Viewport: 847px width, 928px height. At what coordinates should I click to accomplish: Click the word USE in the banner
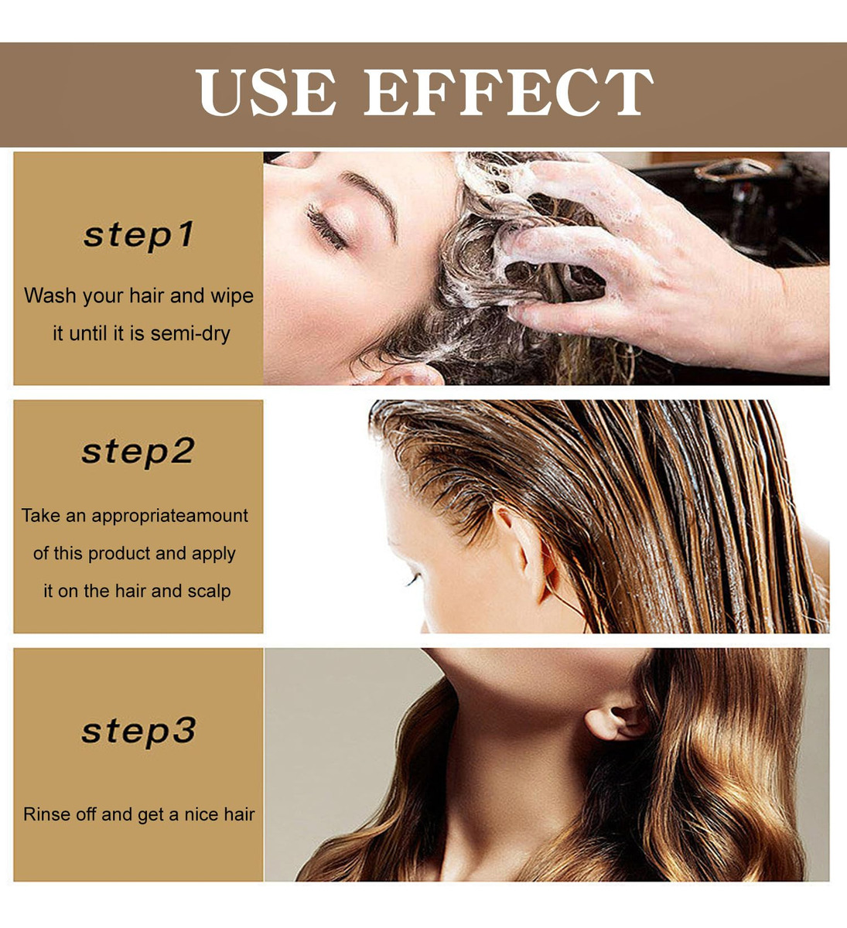[x=265, y=93]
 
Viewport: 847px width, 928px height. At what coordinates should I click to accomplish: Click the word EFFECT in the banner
[x=509, y=93]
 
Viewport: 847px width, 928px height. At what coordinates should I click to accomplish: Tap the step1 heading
[x=138, y=235]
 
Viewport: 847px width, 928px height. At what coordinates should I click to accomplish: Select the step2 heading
[x=138, y=452]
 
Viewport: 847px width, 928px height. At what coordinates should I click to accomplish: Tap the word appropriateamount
[x=170, y=516]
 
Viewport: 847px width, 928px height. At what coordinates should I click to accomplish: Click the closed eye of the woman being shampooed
[x=326, y=227]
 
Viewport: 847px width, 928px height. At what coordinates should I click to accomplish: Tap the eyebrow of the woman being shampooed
[x=371, y=200]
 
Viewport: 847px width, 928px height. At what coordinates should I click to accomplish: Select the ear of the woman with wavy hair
[x=616, y=722]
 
